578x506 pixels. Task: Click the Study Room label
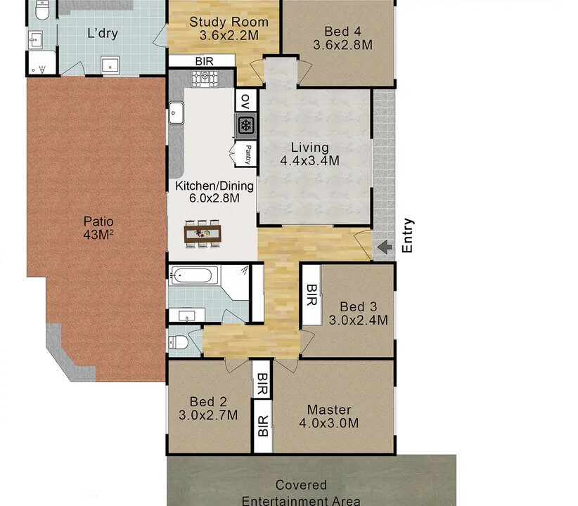[x=229, y=22]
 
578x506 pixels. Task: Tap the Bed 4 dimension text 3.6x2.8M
[x=343, y=45]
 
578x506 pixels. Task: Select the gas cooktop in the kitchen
[x=205, y=79]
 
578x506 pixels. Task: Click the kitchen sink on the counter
[x=176, y=113]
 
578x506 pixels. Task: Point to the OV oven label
[x=245, y=101]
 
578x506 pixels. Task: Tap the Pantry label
[x=248, y=155]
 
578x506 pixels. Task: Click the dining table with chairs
[x=203, y=233]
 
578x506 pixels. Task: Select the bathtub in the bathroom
[x=193, y=275]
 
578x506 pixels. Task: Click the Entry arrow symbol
[x=385, y=247]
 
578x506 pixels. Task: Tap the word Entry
[x=407, y=235]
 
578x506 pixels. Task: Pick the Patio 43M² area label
[x=98, y=228]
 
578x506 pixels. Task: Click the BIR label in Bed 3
[x=312, y=295]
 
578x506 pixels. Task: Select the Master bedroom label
[x=329, y=410]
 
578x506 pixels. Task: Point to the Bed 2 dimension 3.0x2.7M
[x=208, y=415]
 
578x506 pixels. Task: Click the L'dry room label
[x=103, y=33]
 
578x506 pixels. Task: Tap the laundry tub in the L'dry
[x=110, y=65]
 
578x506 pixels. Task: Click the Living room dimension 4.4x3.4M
[x=309, y=161]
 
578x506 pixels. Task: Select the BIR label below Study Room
[x=204, y=61]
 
